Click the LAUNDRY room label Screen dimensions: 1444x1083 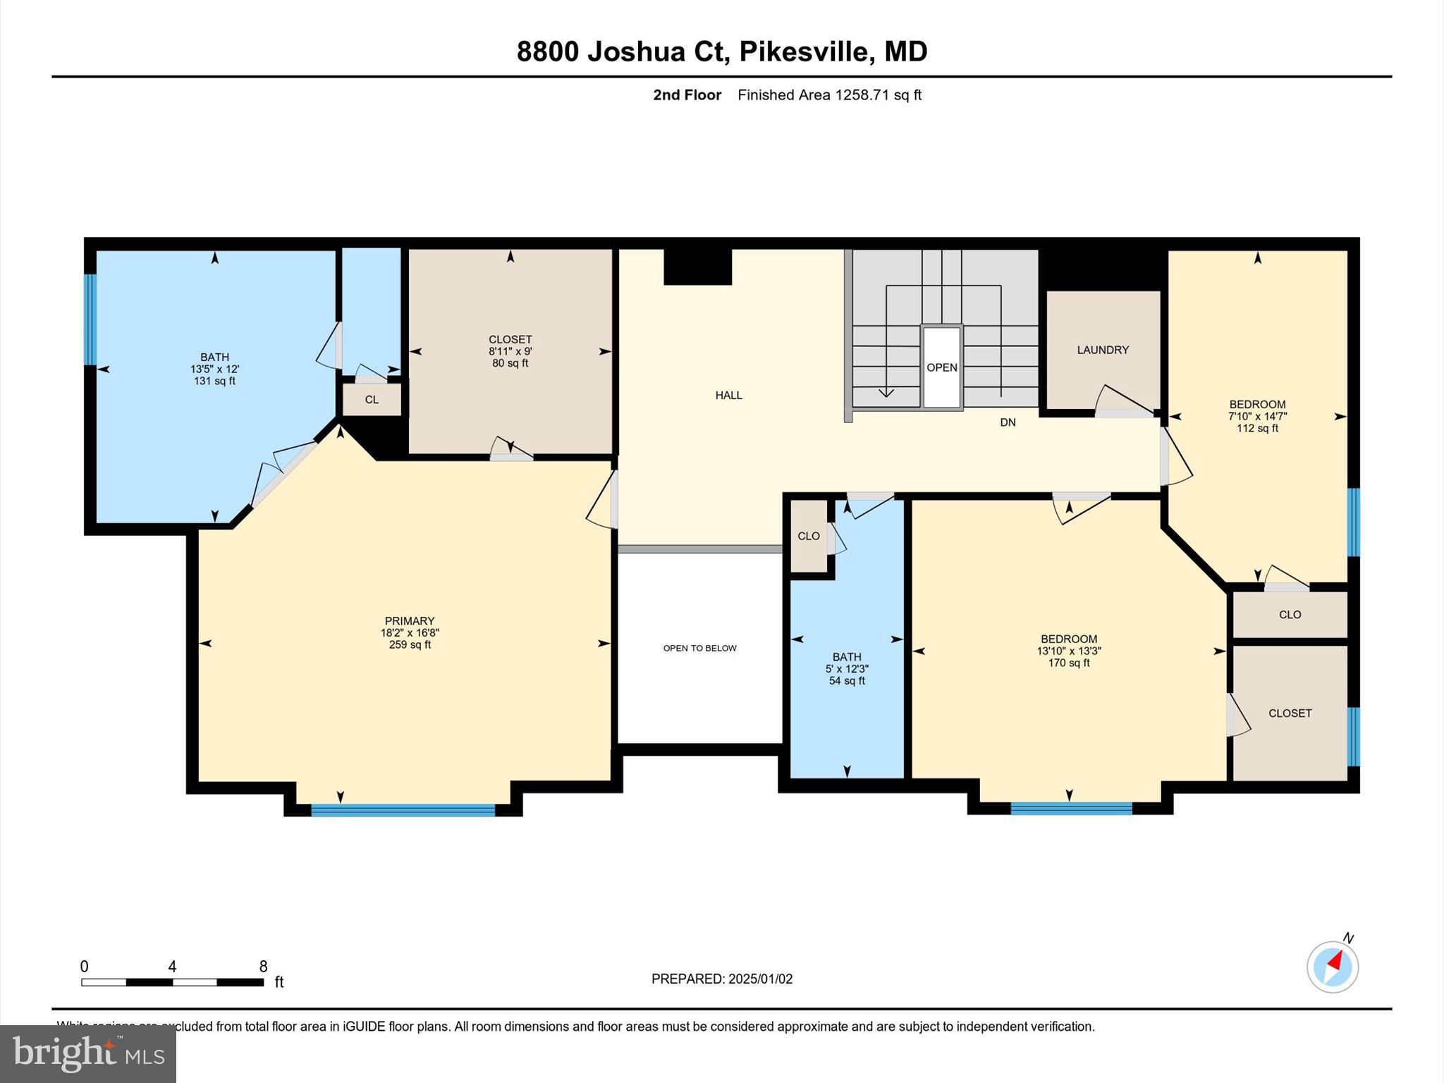pyautogui.click(x=1103, y=350)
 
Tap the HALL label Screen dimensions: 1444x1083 pyautogui.click(x=729, y=396)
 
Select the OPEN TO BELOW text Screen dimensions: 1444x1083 pyautogui.click(x=699, y=648)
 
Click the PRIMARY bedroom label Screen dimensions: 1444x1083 pyautogui.click(x=410, y=621)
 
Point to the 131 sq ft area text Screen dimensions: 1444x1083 pyautogui.click(x=214, y=381)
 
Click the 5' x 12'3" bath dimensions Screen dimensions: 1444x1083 pyautogui.click(x=847, y=668)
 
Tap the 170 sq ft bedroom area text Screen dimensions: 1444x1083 pyautogui.click(x=1069, y=663)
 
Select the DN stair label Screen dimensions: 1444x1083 pyautogui.click(x=1008, y=422)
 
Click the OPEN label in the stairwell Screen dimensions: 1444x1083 pyautogui.click(x=942, y=367)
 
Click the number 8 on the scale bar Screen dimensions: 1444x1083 pyautogui.click(x=263, y=967)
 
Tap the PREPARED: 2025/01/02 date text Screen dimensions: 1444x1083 pyautogui.click(x=722, y=979)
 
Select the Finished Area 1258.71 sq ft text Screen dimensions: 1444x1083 pyautogui.click(x=829, y=95)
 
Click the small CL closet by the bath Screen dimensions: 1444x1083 pyautogui.click(x=372, y=400)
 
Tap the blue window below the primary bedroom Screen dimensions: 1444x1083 pyautogui.click(x=403, y=810)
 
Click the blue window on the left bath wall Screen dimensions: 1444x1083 pyautogui.click(x=90, y=319)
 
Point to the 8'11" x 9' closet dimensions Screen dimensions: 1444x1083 pyautogui.click(x=510, y=351)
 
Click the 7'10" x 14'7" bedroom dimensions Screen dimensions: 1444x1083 pyautogui.click(x=1257, y=416)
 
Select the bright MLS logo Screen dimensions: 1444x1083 pyautogui.click(x=88, y=1053)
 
